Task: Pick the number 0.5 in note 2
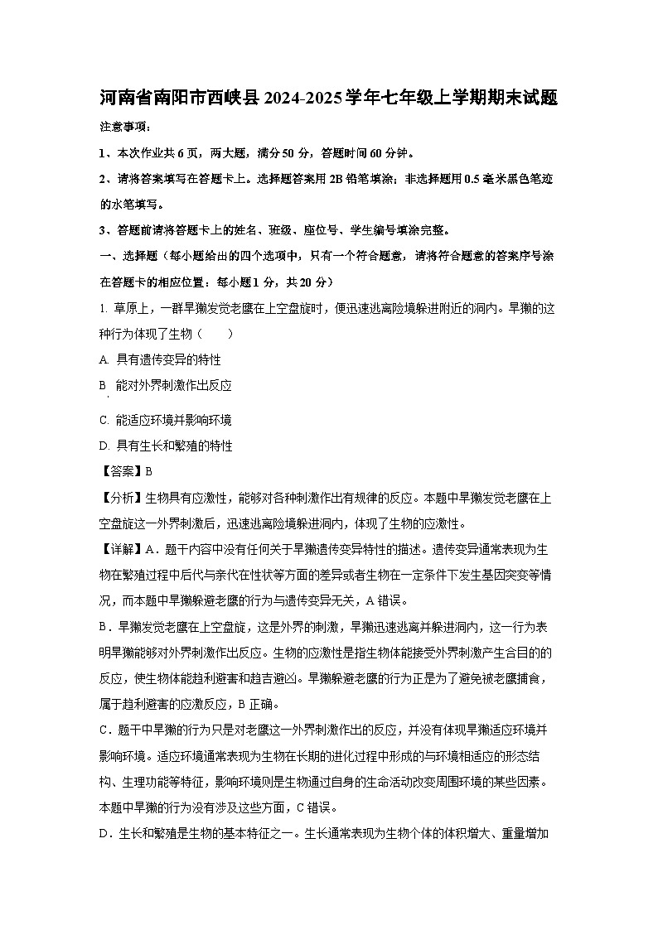coord(478,179)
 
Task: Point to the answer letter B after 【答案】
coord(149,471)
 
